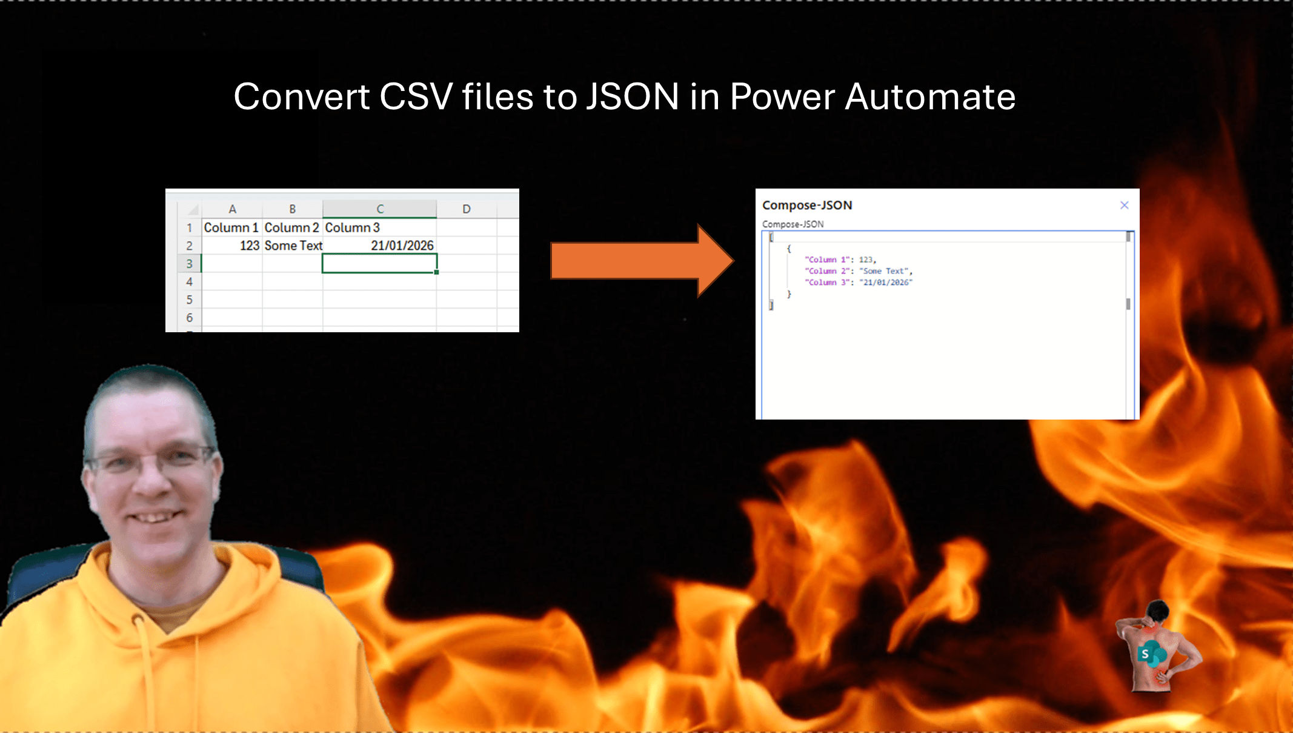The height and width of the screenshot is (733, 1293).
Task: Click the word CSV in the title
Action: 416,96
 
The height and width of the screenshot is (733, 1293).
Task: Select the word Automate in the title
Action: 930,96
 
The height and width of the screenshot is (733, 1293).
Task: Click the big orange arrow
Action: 642,261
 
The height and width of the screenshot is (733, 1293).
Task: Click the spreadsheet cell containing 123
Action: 232,246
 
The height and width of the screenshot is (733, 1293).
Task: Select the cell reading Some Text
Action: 293,246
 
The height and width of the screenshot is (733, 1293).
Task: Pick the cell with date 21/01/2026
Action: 379,246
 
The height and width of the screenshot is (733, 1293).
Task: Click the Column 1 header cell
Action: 232,227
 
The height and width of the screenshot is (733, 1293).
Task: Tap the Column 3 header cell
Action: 379,227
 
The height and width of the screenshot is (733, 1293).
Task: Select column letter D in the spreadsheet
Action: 466,209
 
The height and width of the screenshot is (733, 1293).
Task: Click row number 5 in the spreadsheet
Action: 189,300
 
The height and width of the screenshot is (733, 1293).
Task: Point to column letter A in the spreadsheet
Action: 232,209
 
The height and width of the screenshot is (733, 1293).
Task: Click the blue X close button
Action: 1125,205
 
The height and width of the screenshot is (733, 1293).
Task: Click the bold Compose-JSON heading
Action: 807,206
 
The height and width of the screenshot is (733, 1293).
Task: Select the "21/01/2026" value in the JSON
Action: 886,283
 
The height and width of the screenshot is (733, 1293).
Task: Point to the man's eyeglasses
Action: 151,461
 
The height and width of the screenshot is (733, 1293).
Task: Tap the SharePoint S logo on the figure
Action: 1145,654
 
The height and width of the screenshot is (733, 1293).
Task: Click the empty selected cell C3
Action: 379,264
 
